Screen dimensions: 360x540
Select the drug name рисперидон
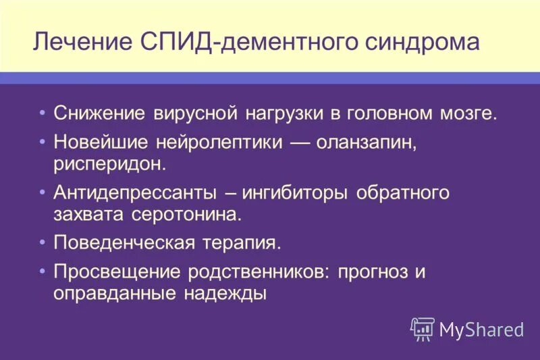click(109, 163)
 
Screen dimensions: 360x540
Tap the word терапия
click(240, 242)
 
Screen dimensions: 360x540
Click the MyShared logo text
click(481, 329)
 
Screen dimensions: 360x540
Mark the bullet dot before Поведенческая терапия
click(43, 242)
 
